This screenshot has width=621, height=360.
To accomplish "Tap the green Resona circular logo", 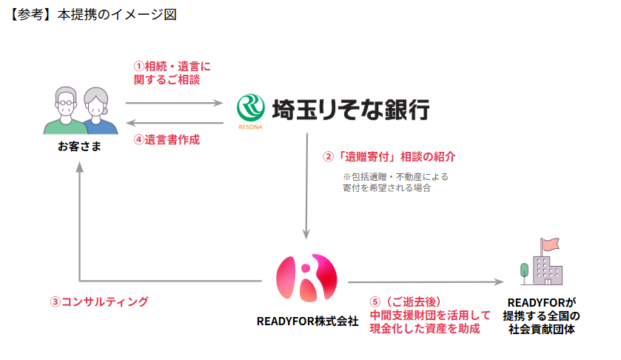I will point(250,108).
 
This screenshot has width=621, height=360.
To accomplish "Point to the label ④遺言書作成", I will point(167,139).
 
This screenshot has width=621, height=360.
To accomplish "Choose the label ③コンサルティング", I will point(99,301).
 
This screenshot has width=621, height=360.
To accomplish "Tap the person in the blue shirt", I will point(97,111).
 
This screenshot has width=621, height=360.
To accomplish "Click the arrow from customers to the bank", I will point(175,103).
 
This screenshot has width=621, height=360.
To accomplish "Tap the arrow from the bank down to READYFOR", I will point(307,185).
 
